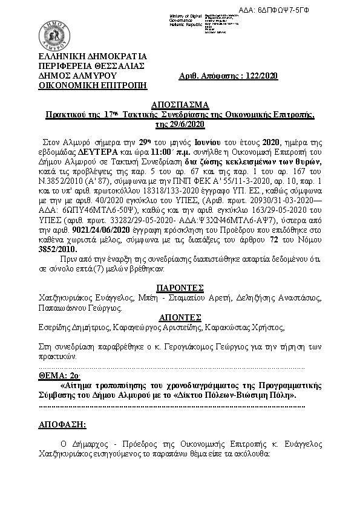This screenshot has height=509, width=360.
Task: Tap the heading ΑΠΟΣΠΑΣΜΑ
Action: (179, 103)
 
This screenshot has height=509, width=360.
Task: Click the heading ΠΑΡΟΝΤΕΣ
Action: (179, 287)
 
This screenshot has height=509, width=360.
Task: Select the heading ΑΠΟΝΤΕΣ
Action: (179, 317)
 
